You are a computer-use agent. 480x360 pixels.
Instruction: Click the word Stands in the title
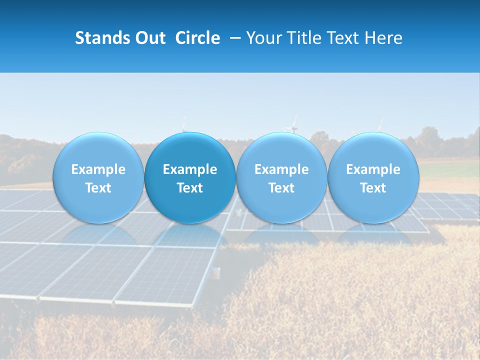click(x=102, y=38)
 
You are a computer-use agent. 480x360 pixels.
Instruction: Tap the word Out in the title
click(x=150, y=38)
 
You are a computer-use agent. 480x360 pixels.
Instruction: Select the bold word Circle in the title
click(x=197, y=38)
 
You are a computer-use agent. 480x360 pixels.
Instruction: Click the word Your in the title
click(x=263, y=38)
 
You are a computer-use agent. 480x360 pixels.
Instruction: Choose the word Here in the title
click(x=383, y=38)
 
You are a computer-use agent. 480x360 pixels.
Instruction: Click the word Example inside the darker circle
click(x=190, y=169)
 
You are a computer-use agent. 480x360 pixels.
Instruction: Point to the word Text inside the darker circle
click(x=190, y=188)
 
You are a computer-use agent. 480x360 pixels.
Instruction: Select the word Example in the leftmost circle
click(x=98, y=169)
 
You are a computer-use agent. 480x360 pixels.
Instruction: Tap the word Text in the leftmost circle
click(x=98, y=188)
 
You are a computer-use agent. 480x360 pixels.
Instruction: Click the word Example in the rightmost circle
click(x=373, y=169)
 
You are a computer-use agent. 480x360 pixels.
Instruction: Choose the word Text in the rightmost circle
click(x=373, y=188)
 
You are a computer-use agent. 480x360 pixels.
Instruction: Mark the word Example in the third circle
click(x=281, y=169)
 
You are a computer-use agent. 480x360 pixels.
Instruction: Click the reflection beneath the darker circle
click(x=190, y=235)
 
